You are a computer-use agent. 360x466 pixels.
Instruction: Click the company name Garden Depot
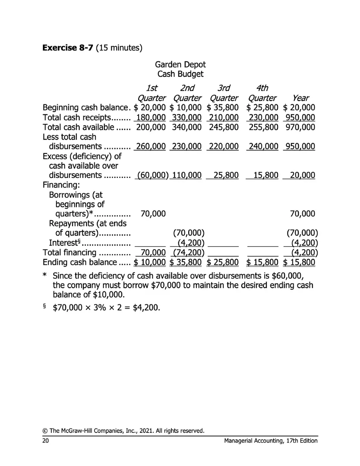tap(180, 65)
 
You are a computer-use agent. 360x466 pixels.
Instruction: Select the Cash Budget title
tap(180, 74)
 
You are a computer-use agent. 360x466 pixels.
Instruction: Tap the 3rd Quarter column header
tap(223, 93)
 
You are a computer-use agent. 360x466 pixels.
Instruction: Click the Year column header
tap(300, 98)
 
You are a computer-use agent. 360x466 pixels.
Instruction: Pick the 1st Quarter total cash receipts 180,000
tap(151, 117)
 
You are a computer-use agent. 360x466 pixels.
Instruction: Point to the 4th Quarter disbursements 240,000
tap(263, 146)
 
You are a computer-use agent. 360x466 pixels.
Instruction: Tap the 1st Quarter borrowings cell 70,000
tap(153, 214)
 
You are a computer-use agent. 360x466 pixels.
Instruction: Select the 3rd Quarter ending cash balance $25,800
tap(223, 262)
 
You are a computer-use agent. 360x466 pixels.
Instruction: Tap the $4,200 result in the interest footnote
tap(145, 307)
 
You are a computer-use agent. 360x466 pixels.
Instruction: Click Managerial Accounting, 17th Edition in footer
tap(271, 441)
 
